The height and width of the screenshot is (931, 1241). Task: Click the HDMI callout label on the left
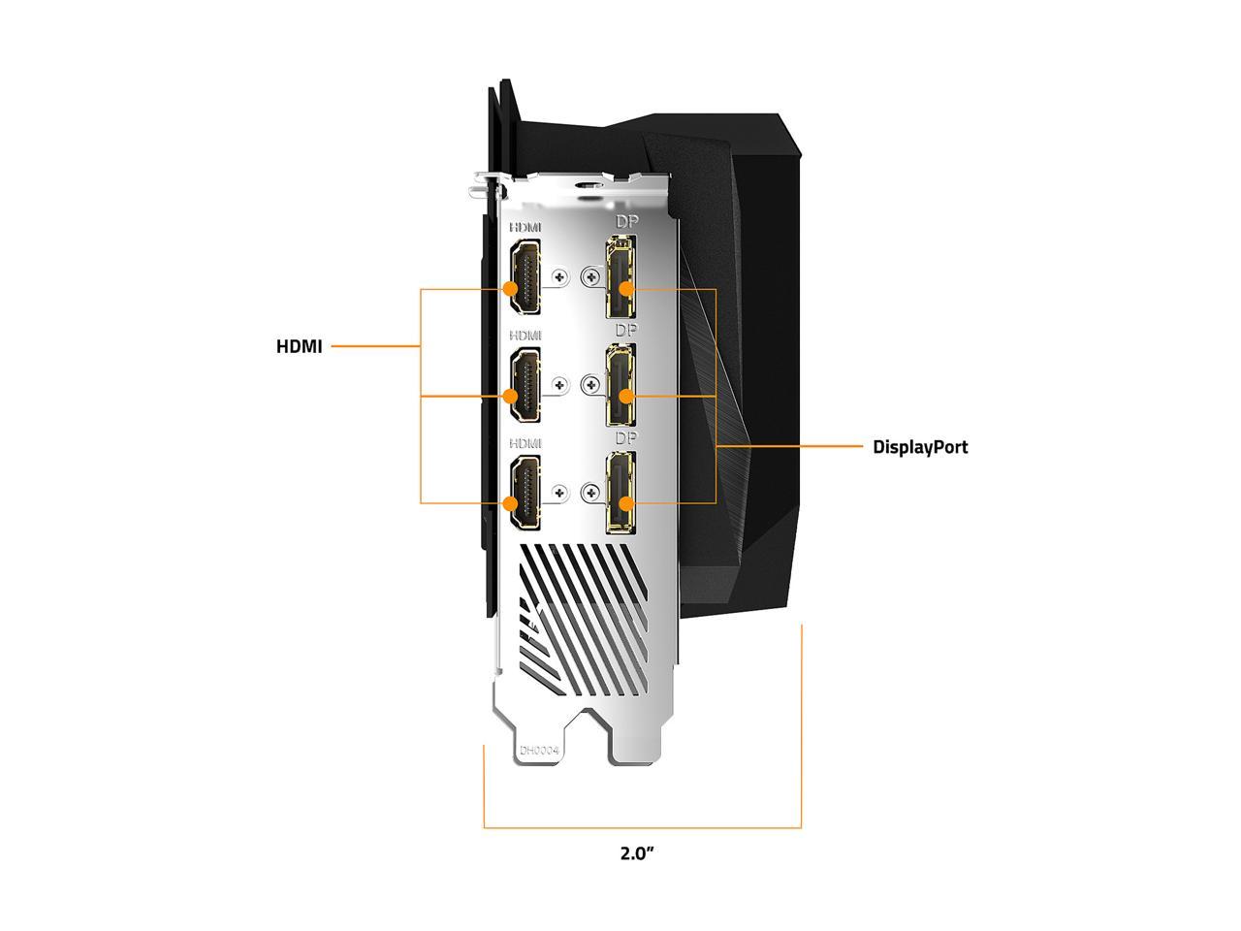click(x=299, y=346)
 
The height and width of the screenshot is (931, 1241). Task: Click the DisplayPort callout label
click(x=919, y=447)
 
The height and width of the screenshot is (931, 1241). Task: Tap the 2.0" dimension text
click(x=637, y=853)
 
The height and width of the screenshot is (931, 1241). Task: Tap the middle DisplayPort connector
click(x=620, y=387)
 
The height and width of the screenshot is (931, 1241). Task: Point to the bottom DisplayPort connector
click(x=620, y=495)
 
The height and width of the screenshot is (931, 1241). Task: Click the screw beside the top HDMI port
click(x=558, y=277)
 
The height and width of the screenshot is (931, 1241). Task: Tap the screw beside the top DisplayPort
click(x=590, y=277)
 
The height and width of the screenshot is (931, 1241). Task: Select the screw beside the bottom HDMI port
click(x=558, y=494)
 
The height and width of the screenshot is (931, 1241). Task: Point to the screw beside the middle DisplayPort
click(x=590, y=386)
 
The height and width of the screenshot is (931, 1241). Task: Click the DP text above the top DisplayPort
click(x=626, y=222)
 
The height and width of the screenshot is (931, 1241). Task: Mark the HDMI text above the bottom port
click(x=526, y=443)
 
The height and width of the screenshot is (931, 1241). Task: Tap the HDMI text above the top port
click(x=526, y=227)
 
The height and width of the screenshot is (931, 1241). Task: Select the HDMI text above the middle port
click(x=526, y=336)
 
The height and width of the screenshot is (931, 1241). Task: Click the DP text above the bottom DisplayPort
click(x=626, y=438)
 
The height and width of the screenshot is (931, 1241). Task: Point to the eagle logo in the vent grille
click(x=534, y=617)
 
